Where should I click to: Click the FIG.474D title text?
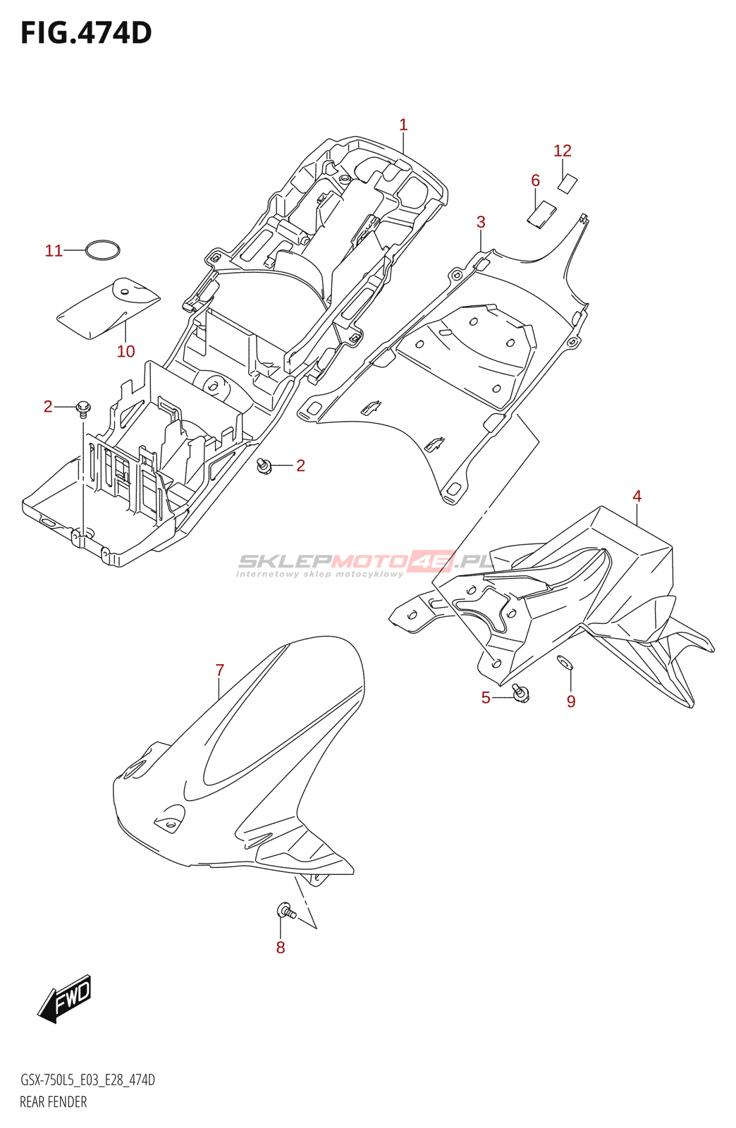86,33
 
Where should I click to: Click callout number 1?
403,125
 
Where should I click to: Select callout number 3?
481,222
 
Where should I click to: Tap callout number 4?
637,496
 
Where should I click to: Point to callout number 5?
486,698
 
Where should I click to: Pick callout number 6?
536,180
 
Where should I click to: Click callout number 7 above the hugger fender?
220,670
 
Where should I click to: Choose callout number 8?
281,948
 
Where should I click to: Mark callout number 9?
571,701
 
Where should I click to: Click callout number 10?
125,351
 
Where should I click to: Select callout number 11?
54,251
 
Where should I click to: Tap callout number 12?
563,151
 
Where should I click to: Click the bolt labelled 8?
286,911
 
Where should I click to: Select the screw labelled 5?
521,692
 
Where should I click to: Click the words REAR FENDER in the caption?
54,1102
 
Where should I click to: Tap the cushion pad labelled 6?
541,214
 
